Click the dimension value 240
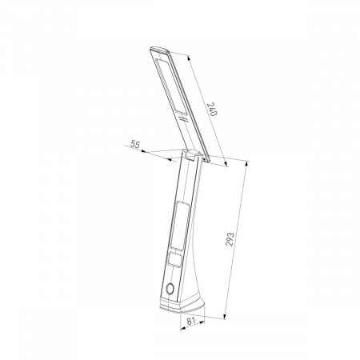click(x=213, y=109)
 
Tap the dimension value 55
click(x=135, y=145)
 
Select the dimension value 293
click(x=230, y=239)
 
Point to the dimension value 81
click(x=190, y=321)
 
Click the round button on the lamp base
click(x=170, y=289)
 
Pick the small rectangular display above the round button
click(x=175, y=259)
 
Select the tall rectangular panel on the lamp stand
click(x=180, y=226)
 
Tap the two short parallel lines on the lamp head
click(x=183, y=118)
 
